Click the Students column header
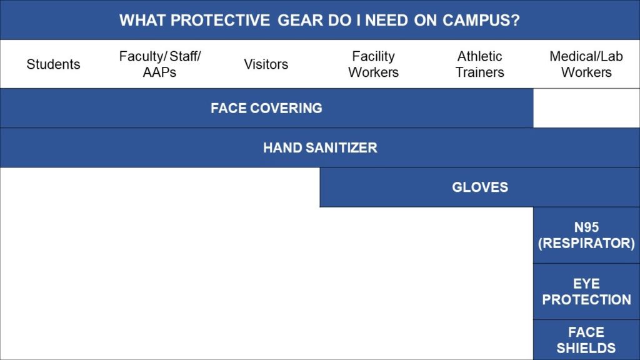coord(53,64)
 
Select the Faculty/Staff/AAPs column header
coord(159,64)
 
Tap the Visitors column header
coord(266,64)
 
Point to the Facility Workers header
coord(373,64)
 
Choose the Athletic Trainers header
coord(479,64)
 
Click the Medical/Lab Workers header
coord(586,64)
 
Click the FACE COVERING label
coord(266,108)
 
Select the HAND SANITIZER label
coord(320,147)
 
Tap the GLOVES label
coord(480,187)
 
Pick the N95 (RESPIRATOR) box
coord(586,235)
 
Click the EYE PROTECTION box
coord(586,291)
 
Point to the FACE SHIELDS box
coord(586,340)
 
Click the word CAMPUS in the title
coord(481,20)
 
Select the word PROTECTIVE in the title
coord(220,20)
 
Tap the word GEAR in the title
coord(301,20)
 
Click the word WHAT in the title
coord(142,20)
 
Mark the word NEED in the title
coord(386,20)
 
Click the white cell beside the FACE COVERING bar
coord(586,108)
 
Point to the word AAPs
coord(159,72)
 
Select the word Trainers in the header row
coord(479,72)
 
